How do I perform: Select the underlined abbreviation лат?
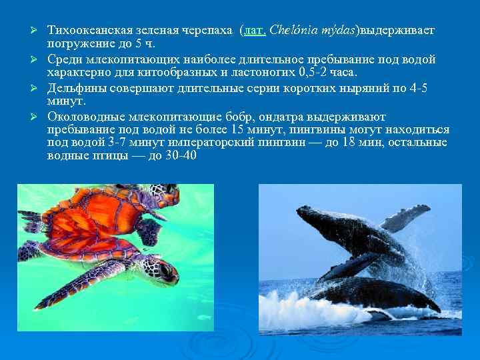click(256, 31)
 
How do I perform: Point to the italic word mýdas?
click(337, 31)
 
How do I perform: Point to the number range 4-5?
click(417, 87)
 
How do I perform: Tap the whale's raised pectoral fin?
click(404, 217)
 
